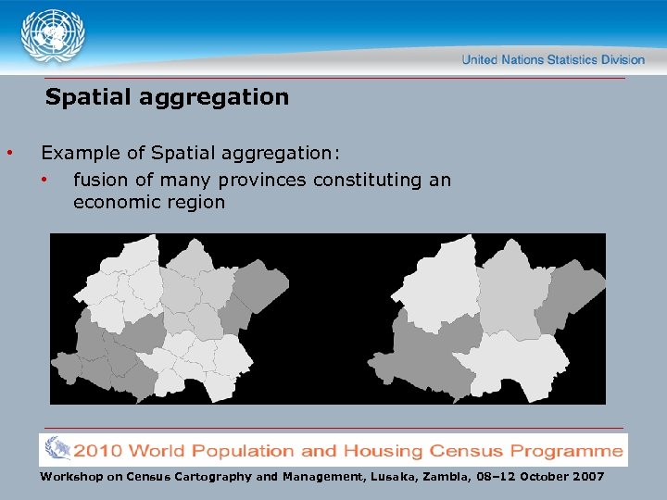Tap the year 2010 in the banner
98,451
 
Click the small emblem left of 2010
57,450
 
